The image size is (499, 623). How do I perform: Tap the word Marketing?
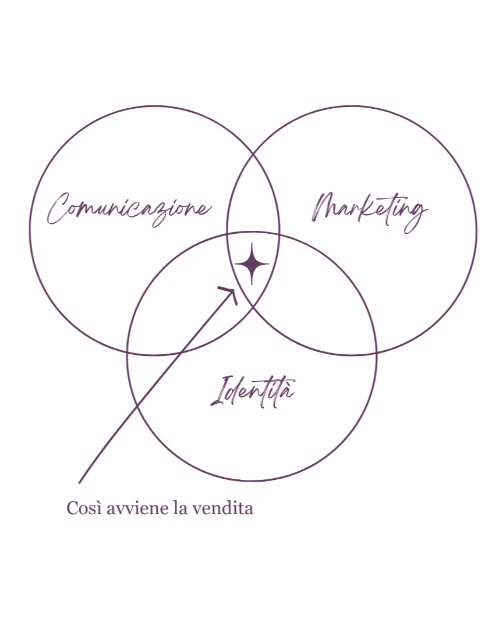point(370,209)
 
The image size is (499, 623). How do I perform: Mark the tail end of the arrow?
point(80,482)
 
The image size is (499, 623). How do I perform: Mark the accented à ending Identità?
point(289,392)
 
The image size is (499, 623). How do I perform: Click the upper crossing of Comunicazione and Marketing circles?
point(253,149)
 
